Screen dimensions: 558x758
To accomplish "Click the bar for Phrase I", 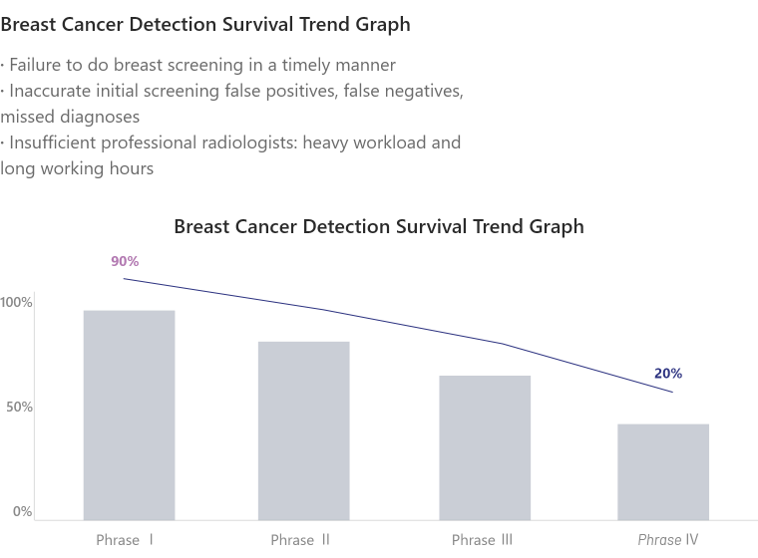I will point(129,414).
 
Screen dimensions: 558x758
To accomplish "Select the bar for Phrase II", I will point(303,428).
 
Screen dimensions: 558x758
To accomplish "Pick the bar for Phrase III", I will point(485,446).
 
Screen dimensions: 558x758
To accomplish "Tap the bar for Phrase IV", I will point(663,470).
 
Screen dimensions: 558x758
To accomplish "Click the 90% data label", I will point(125,261).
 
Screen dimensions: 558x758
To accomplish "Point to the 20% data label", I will point(668,374).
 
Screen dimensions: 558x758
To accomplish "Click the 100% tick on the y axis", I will point(17,302).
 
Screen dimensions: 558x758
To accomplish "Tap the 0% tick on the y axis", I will point(22,511).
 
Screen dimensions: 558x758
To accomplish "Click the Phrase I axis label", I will point(125,540).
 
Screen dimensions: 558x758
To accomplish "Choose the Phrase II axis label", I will point(300,540).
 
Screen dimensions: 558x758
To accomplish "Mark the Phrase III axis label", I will point(482,540).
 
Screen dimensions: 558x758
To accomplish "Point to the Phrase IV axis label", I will point(668,540).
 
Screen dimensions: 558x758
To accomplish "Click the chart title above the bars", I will point(378,226).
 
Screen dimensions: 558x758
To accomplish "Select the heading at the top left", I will point(205,22).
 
